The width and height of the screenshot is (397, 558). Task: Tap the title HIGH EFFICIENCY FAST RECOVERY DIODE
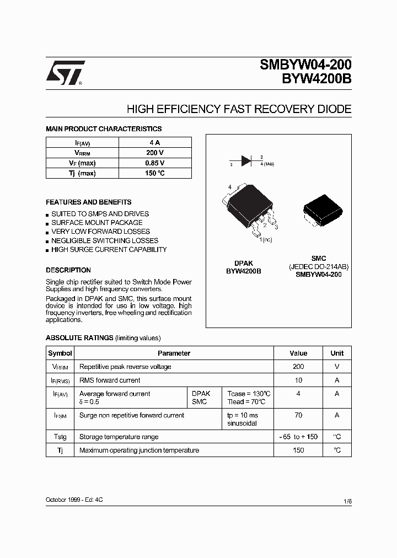click(x=239, y=109)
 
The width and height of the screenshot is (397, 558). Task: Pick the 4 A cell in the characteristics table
click(x=154, y=143)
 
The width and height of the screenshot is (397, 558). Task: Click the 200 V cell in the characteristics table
click(x=154, y=153)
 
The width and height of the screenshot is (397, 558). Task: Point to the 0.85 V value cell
click(x=154, y=163)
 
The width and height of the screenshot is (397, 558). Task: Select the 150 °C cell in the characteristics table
click(x=154, y=173)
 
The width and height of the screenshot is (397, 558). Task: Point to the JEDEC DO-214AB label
click(x=319, y=266)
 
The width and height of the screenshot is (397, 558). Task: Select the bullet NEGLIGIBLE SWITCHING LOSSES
click(x=104, y=240)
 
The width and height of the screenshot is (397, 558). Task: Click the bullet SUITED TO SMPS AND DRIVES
click(x=100, y=214)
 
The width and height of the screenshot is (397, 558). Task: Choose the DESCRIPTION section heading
click(x=68, y=270)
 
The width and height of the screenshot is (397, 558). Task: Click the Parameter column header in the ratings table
click(x=174, y=353)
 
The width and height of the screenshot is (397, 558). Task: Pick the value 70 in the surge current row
click(x=298, y=415)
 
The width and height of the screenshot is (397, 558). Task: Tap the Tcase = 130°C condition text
click(x=249, y=394)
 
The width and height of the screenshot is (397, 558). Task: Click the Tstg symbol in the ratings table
click(x=60, y=437)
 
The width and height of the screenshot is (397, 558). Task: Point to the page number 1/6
click(x=347, y=501)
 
